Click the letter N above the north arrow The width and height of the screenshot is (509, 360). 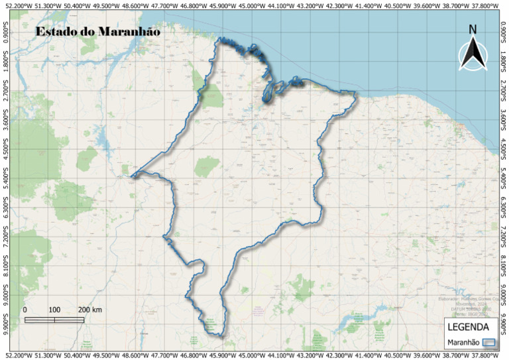click(473, 29)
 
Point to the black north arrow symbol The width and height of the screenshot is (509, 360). click(473, 53)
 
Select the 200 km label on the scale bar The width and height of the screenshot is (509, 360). click(90, 310)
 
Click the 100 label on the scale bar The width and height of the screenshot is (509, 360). click(54, 310)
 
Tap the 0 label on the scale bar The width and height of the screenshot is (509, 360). click(25, 310)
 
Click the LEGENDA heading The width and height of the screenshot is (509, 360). click(469, 327)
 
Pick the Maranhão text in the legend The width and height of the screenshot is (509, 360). click(463, 342)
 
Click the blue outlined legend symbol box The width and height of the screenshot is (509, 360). click(489, 342)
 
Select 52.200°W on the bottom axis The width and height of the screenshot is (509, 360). click(17, 355)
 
